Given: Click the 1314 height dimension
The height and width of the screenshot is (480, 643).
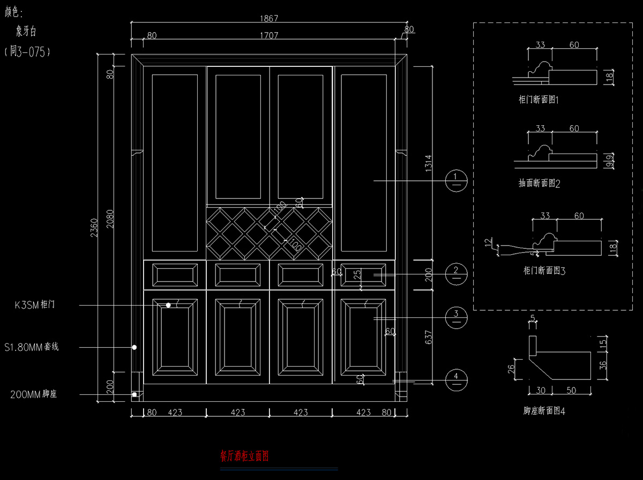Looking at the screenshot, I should point(428,163).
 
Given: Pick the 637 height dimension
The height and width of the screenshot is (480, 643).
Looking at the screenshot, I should point(428,336).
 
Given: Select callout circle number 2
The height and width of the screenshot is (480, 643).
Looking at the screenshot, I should point(456,274).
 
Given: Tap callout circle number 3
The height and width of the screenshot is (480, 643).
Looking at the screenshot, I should point(456,318).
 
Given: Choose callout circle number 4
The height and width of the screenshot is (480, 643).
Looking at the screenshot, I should point(456,380).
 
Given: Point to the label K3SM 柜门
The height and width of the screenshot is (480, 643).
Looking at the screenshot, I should point(35,306).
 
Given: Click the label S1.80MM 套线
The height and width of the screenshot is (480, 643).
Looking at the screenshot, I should point(31,347).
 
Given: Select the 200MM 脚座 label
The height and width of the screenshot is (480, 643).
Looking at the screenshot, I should point(33,395).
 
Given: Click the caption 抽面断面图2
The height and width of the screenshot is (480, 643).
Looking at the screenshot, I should point(540,184).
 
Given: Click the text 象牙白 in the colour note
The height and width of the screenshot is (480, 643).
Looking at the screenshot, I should point(26,32).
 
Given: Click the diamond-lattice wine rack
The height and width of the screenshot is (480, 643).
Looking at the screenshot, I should point(270,232).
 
